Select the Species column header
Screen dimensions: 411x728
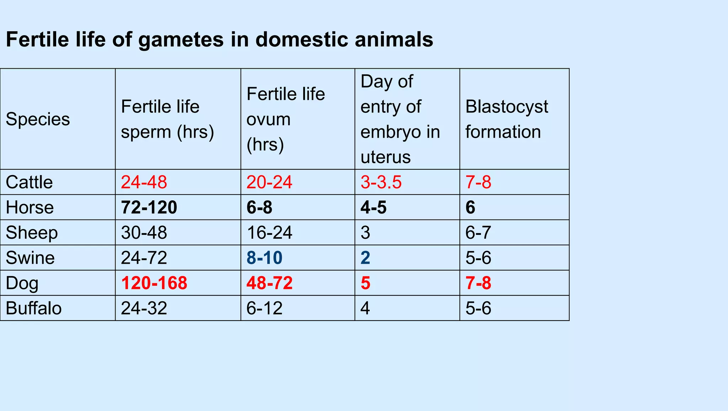pyautogui.click(x=38, y=119)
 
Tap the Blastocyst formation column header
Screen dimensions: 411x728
pyautogui.click(x=507, y=119)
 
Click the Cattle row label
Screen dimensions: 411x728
pyautogui.click(x=29, y=182)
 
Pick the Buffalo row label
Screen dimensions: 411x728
pyautogui.click(x=34, y=308)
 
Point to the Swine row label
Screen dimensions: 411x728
pyautogui.click(x=30, y=258)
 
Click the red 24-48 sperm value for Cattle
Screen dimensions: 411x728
pyautogui.click(x=144, y=182)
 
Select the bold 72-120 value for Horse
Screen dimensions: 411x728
pyautogui.click(x=149, y=207)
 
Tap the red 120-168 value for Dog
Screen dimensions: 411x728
pyautogui.click(x=154, y=283)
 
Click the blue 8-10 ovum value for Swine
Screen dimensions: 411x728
pyautogui.click(x=264, y=258)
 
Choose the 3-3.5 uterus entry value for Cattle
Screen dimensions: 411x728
pyautogui.click(x=381, y=182)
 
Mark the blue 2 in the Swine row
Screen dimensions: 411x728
pyautogui.click(x=365, y=258)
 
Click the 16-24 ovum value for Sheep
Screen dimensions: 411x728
pyautogui.click(x=269, y=233)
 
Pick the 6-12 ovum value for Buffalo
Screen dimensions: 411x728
pyautogui.click(x=264, y=308)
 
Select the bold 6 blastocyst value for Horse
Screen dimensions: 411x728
pyautogui.click(x=470, y=207)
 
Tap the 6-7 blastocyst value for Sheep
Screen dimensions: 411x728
pyautogui.click(x=478, y=233)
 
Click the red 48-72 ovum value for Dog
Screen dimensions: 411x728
pyautogui.click(x=269, y=283)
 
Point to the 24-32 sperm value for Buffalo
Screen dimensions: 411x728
pyautogui.click(x=144, y=308)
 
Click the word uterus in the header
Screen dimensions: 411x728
pyautogui.click(x=385, y=157)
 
